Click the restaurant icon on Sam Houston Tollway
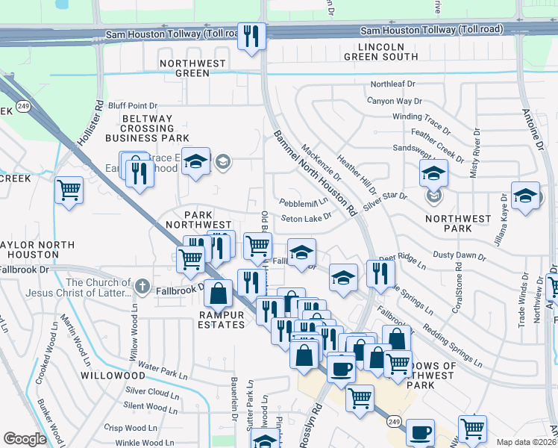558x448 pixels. click(x=251, y=35)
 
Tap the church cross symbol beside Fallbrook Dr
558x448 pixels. click(x=142, y=287)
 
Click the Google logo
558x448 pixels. click(x=25, y=439)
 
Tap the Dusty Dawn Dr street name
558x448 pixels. click(x=459, y=256)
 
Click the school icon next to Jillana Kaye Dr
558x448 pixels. click(x=525, y=196)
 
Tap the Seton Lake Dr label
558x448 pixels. click(x=306, y=218)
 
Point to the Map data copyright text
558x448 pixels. click(x=526, y=442)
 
